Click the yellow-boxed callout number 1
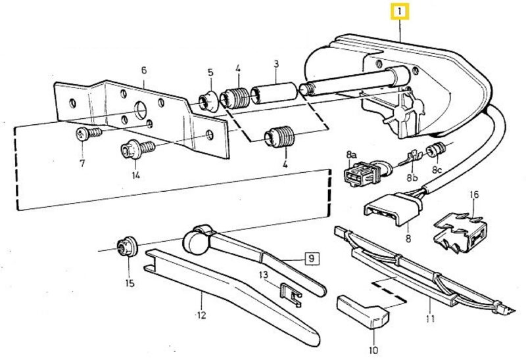[400, 12]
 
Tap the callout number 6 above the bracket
[143, 71]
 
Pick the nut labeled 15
[125, 248]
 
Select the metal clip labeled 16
[464, 227]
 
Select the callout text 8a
[350, 154]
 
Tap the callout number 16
[474, 194]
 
